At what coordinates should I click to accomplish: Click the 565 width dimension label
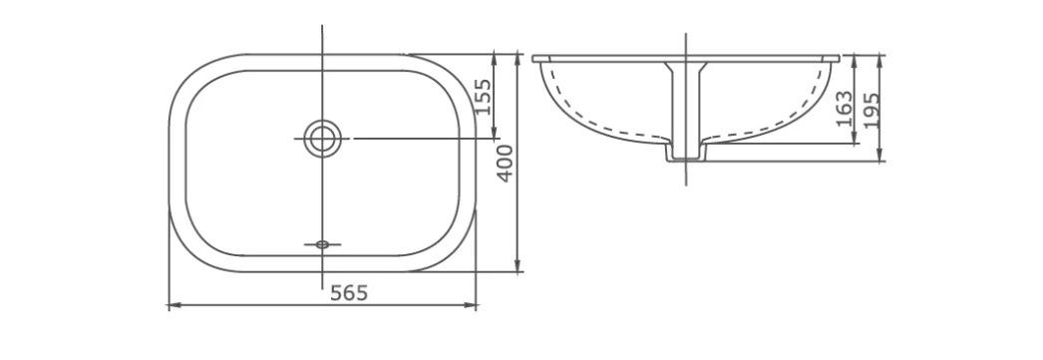[349, 292]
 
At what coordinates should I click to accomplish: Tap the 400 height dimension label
[506, 163]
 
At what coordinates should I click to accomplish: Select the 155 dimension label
[483, 97]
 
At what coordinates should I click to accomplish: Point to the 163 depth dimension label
[844, 108]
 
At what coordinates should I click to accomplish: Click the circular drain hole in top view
[322, 139]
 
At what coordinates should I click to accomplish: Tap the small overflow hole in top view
[322, 245]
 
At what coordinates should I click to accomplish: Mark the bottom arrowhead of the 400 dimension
[519, 265]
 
